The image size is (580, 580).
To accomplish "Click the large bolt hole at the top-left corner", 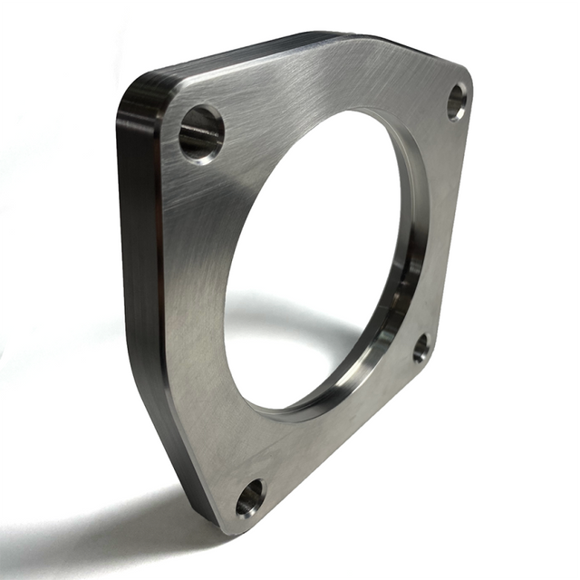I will click(201, 132).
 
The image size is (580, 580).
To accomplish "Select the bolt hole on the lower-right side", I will click(420, 348).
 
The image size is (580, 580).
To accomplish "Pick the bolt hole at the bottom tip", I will click(249, 497).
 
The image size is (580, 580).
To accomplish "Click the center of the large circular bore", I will click(313, 263).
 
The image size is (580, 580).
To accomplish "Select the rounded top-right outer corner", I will click(466, 77).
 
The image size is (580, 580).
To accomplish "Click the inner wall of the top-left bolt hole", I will click(195, 136).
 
